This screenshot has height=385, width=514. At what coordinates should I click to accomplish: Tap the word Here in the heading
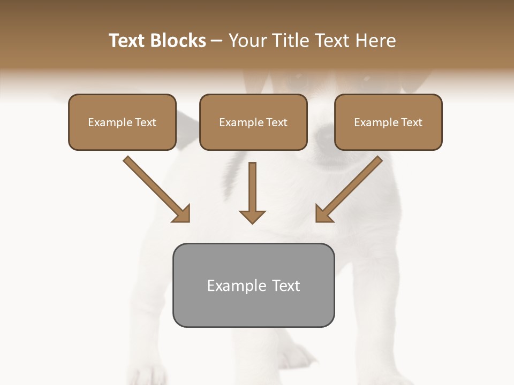(x=375, y=41)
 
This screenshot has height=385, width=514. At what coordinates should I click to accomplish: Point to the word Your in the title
(x=247, y=41)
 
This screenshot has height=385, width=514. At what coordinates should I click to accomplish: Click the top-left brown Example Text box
(x=122, y=122)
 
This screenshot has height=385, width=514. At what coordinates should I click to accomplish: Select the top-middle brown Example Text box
(x=253, y=122)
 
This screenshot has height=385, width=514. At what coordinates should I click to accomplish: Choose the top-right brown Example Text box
(x=388, y=122)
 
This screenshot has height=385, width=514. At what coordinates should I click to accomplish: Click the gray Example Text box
(x=253, y=285)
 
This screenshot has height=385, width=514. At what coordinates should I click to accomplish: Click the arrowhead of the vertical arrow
(x=252, y=217)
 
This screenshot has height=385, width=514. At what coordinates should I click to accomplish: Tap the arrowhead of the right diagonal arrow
(x=323, y=214)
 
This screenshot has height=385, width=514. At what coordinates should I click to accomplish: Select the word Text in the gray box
(x=286, y=286)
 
